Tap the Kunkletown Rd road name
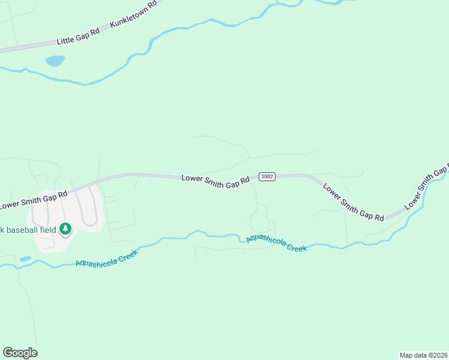(133, 14)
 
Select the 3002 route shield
(267, 176)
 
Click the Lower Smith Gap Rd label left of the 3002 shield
(215, 179)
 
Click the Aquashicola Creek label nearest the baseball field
(107, 258)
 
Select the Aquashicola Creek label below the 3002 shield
(276, 243)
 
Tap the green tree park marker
(65, 228)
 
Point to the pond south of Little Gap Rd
(55, 61)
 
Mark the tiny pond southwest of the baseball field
(25, 259)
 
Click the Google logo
(20, 352)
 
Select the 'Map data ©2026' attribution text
(423, 355)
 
